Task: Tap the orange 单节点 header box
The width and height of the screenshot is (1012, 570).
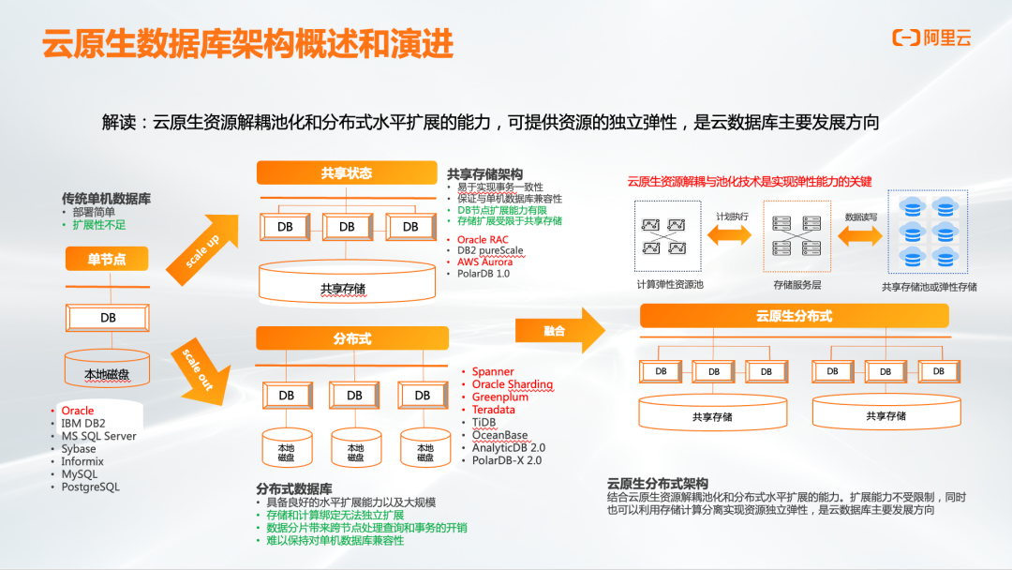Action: (107, 260)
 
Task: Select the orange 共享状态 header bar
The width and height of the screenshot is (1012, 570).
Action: (347, 173)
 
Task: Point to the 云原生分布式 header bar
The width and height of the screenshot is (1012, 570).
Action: (794, 316)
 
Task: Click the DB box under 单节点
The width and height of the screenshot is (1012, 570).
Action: (108, 318)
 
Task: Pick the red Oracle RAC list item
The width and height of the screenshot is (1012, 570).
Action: (483, 240)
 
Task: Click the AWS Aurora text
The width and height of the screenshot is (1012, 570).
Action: (484, 262)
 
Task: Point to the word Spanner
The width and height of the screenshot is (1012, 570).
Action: (493, 372)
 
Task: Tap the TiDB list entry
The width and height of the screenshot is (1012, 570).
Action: (484, 423)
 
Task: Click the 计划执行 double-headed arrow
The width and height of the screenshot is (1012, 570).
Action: (733, 233)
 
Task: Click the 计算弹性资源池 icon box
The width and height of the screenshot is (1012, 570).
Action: (669, 235)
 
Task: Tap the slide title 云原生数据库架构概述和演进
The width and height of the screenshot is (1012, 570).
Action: (248, 43)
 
